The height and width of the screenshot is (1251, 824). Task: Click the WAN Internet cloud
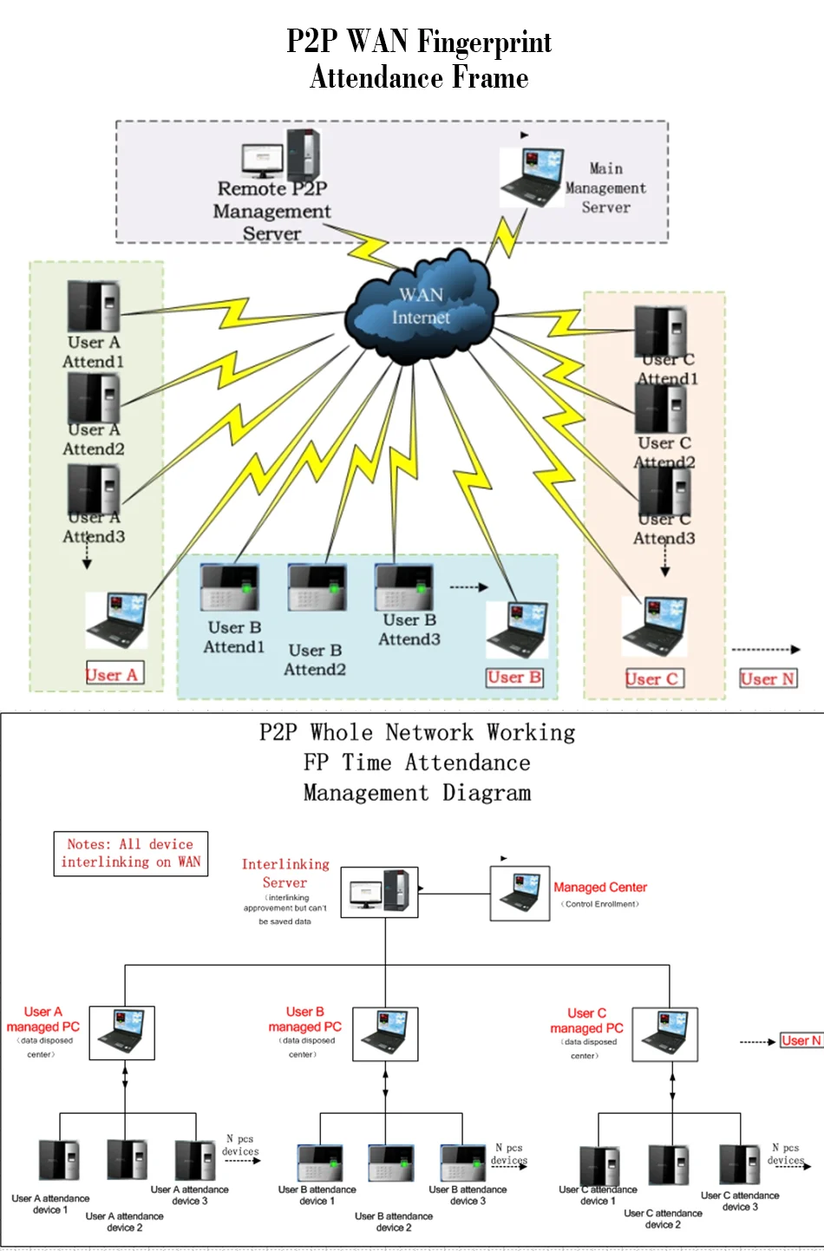coord(422,307)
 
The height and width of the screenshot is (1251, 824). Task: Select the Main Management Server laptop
coord(532,176)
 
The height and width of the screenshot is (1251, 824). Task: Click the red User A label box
coord(112,674)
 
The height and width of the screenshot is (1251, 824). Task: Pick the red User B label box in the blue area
coord(514,678)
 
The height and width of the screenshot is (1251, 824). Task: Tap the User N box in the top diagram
coord(768,679)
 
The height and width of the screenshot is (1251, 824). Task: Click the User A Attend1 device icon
coord(94,306)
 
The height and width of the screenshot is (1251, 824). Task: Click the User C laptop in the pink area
coord(655,625)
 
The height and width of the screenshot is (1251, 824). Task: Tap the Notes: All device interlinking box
coord(131,853)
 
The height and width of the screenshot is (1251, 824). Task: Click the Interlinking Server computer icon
coord(379,892)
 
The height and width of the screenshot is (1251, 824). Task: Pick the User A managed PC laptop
coord(122,1032)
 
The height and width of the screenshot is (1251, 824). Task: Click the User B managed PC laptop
coord(385,1033)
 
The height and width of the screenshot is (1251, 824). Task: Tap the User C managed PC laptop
coord(664,1034)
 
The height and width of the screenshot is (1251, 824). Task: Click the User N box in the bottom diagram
coord(800,1040)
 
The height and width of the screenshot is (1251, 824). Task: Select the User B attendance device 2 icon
coord(390,1163)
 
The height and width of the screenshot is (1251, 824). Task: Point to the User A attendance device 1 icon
coord(59,1160)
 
